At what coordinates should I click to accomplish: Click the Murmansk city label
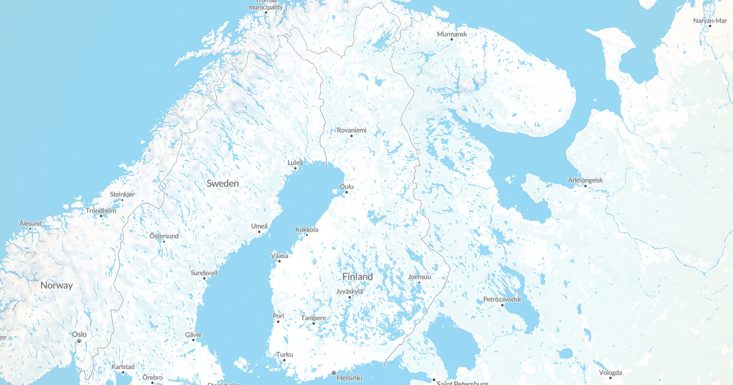(452, 34)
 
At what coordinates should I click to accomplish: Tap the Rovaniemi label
(352, 130)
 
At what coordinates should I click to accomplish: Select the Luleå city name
(295, 163)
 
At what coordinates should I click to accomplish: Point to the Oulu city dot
(346, 193)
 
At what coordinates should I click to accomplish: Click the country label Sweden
(222, 183)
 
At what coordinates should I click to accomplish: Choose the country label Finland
(357, 277)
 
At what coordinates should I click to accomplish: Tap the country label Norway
(56, 285)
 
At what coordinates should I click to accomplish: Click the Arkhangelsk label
(585, 180)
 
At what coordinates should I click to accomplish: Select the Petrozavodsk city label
(502, 299)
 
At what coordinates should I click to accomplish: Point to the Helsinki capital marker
(334, 373)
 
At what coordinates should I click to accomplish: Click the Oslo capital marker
(79, 341)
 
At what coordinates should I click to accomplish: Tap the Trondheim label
(100, 210)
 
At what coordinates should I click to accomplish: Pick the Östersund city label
(164, 236)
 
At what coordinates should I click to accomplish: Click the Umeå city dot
(259, 232)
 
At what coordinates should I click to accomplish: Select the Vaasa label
(279, 255)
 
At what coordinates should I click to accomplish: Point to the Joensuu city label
(420, 277)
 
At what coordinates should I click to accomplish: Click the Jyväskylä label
(349, 291)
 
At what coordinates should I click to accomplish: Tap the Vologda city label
(610, 372)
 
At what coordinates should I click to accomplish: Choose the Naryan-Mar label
(710, 21)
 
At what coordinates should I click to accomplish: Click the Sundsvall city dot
(205, 279)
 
